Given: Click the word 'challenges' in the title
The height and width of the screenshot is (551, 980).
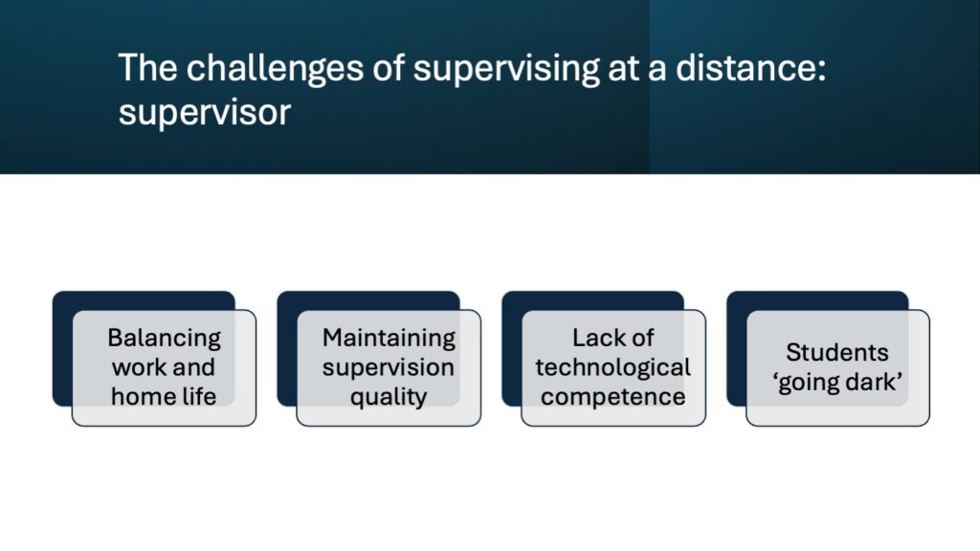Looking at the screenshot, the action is tap(275, 68).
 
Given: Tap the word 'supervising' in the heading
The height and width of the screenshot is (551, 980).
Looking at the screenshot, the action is tap(506, 70).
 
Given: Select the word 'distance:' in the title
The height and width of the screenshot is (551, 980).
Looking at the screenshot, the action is tap(750, 68).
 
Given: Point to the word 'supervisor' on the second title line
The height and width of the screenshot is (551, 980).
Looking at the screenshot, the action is tap(205, 114).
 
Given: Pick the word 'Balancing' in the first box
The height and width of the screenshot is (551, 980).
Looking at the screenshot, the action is tap(164, 339).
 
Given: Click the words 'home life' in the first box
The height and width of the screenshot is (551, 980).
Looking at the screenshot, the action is tap(164, 396).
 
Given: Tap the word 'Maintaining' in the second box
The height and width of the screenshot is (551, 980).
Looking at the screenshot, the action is tap(389, 339).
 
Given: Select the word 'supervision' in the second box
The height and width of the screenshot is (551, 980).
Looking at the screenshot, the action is tap(389, 368).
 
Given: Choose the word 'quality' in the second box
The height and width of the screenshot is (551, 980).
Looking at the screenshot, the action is tap(389, 397).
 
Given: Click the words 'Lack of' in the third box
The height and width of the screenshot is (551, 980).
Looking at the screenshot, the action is tap(613, 338).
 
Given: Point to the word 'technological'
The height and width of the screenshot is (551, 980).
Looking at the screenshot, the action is tap(613, 368).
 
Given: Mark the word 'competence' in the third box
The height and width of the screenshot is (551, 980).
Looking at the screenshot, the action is tap(613, 397).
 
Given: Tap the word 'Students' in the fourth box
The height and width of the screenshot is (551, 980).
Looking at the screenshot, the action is tap(836, 352).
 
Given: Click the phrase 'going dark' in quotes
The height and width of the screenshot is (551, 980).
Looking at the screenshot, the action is tap(837, 383).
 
